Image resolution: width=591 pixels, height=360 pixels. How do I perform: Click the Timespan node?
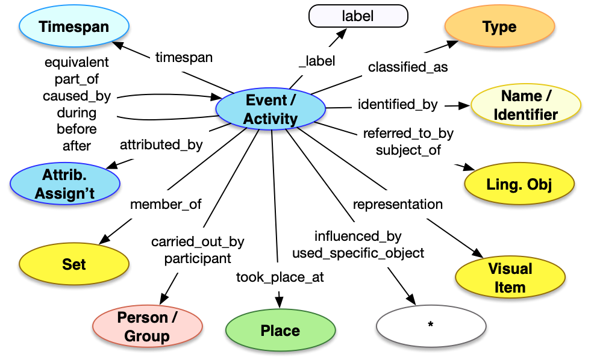tap(74, 27)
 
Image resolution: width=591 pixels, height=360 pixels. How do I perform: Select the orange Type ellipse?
tap(499, 27)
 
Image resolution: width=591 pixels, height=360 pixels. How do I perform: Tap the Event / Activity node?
tap(270, 110)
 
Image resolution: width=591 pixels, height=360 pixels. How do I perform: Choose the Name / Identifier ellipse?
tap(525, 105)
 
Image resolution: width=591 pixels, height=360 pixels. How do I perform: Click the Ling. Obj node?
tap(519, 185)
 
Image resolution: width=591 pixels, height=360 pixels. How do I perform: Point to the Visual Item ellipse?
tap(510, 278)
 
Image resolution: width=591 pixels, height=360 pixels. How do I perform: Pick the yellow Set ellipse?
tap(74, 264)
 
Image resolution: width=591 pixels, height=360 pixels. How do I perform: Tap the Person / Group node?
tap(147, 327)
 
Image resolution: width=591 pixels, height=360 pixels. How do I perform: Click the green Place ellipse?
tap(280, 331)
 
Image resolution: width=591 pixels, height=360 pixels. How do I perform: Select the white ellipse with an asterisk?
tap(430, 325)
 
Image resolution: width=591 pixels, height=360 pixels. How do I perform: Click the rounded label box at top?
tap(358, 16)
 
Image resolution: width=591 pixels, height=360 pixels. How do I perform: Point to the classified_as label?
tap(408, 67)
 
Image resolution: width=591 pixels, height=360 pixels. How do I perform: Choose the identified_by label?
tap(398, 104)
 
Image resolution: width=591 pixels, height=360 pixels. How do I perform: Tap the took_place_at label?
tap(280, 278)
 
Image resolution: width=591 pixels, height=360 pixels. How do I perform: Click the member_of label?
tap(166, 205)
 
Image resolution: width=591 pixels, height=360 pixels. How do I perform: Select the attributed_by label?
tap(161, 144)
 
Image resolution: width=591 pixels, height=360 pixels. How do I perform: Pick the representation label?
tap(398, 204)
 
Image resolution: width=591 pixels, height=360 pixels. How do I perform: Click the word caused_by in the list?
tap(77, 96)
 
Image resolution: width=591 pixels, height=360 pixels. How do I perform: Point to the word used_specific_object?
tap(358, 253)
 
